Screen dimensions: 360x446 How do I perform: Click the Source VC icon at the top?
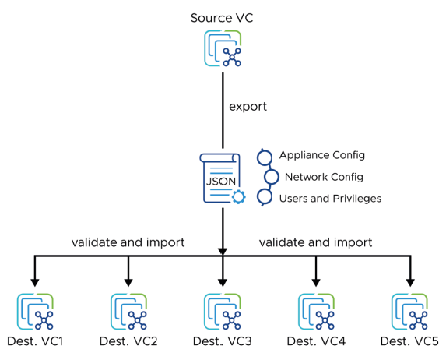pyautogui.click(x=223, y=48)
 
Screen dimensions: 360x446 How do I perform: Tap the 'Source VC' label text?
pyautogui.click(x=223, y=17)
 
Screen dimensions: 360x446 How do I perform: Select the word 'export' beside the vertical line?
pyautogui.click(x=248, y=106)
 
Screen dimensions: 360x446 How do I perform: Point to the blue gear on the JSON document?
pyautogui.click(x=238, y=196)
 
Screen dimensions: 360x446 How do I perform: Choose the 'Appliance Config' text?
pyautogui.click(x=321, y=155)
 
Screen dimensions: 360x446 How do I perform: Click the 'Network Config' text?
pyautogui.click(x=323, y=177)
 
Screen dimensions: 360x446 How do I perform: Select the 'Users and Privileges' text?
pyautogui.click(x=330, y=199)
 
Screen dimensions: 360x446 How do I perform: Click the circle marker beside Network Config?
pyautogui.click(x=271, y=177)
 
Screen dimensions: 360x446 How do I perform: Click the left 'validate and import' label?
pyautogui.click(x=128, y=242)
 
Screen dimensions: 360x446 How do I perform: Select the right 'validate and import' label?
pyautogui.click(x=315, y=242)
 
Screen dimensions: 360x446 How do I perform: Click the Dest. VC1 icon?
pyautogui.click(x=35, y=312)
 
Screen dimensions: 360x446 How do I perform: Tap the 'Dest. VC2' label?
pyautogui.click(x=128, y=341)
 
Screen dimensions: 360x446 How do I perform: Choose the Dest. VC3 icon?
pyautogui.click(x=223, y=312)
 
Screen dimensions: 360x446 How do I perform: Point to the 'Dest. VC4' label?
pyautogui.click(x=316, y=341)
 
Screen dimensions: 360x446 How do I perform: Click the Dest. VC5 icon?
pyautogui.click(x=409, y=312)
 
